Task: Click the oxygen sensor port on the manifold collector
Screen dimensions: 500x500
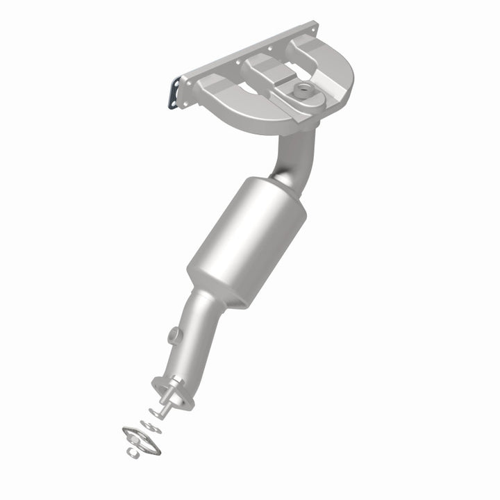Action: [303, 88]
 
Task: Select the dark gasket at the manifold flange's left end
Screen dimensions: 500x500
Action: [174, 94]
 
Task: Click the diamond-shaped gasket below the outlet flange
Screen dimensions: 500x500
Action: [141, 440]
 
